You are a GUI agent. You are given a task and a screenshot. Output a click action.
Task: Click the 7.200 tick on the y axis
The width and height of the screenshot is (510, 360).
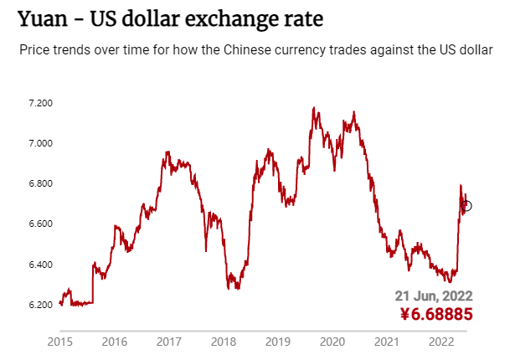pos(40,103)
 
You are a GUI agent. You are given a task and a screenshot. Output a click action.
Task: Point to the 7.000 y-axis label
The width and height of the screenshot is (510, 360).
pos(40,143)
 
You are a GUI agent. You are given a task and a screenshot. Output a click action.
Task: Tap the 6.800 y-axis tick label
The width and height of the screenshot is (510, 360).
pos(40,183)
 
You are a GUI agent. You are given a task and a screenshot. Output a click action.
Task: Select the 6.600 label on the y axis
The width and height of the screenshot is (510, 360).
pos(40,224)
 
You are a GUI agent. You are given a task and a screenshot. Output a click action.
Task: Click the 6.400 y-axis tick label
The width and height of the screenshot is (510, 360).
pos(40,265)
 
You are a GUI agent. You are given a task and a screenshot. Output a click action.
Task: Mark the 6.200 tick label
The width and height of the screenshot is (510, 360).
pos(40,305)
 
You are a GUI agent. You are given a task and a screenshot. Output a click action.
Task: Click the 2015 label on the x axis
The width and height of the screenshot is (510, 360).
pos(59,342)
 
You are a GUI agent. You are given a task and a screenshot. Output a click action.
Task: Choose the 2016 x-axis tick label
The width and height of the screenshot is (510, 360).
pos(114,342)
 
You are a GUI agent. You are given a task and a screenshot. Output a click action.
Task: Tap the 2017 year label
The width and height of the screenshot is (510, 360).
pos(168,342)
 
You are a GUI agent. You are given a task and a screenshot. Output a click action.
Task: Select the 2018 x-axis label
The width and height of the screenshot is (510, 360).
pos(223,342)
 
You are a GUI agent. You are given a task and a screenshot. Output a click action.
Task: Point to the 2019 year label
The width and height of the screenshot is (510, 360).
pos(277,342)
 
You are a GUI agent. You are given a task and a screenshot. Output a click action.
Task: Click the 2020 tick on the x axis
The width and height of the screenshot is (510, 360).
pos(332,342)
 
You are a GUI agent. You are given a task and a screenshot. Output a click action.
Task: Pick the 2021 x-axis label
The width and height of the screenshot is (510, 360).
pos(386,342)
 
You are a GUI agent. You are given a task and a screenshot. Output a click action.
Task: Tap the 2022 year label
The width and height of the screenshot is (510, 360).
pos(440,342)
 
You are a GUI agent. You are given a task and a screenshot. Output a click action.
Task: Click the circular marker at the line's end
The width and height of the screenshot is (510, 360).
pos(466,206)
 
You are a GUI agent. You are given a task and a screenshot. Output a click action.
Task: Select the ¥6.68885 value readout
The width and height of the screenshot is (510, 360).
pos(436,315)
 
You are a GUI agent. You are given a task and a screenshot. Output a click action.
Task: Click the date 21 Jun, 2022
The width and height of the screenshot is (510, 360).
pos(434,296)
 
